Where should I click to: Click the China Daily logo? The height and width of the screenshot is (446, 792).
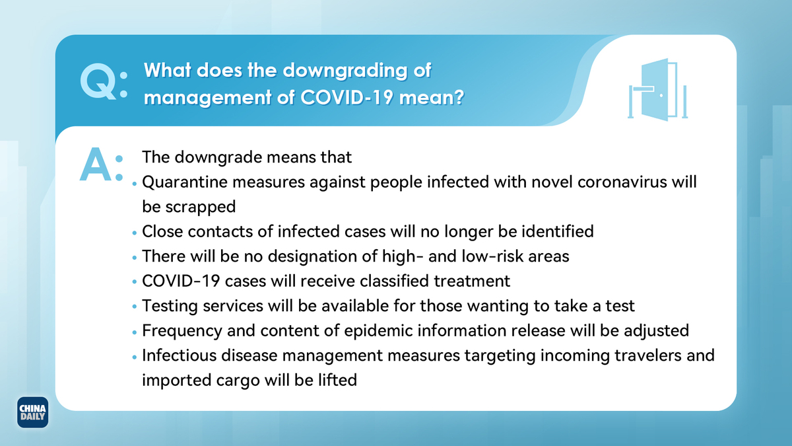32,412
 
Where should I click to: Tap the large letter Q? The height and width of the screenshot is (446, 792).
97,82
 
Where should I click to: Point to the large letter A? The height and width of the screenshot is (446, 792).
96,165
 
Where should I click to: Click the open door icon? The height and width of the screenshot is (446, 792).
657,90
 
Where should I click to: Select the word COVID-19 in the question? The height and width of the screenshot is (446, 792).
347,97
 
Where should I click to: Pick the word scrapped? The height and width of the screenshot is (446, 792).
201,207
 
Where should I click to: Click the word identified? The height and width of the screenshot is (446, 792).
558,231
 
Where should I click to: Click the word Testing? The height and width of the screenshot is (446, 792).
170,306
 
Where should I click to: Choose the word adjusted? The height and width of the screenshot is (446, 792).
656,331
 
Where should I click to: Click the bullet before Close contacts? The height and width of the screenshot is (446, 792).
135,233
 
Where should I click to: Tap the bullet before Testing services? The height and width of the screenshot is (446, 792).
135,307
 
